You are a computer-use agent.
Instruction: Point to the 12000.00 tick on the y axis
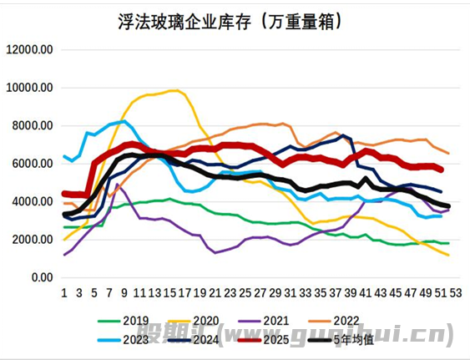click(30, 49)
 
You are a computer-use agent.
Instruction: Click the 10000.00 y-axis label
click(30, 88)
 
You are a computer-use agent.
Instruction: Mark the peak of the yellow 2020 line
click(175, 90)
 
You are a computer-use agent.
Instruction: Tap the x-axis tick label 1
click(64, 292)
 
